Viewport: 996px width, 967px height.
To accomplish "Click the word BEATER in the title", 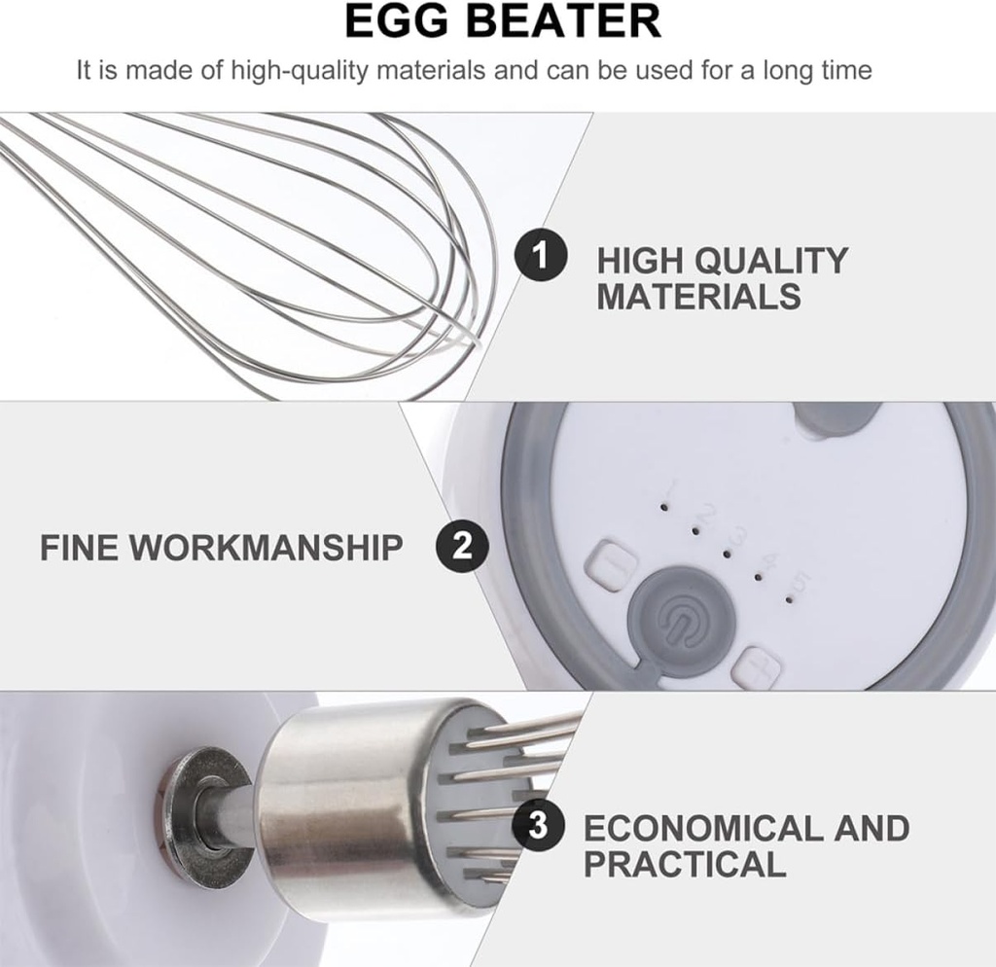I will [565, 20].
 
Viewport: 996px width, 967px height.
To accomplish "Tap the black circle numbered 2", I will [462, 545].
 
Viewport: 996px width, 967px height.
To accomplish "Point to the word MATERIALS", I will [698, 296].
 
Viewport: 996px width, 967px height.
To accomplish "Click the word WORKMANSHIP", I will [267, 547].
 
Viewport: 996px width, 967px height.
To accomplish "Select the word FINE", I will [79, 547].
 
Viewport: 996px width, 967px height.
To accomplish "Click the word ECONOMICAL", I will [705, 829].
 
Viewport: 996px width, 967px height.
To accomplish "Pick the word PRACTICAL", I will [685, 864].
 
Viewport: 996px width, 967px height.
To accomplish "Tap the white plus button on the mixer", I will [758, 668].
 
